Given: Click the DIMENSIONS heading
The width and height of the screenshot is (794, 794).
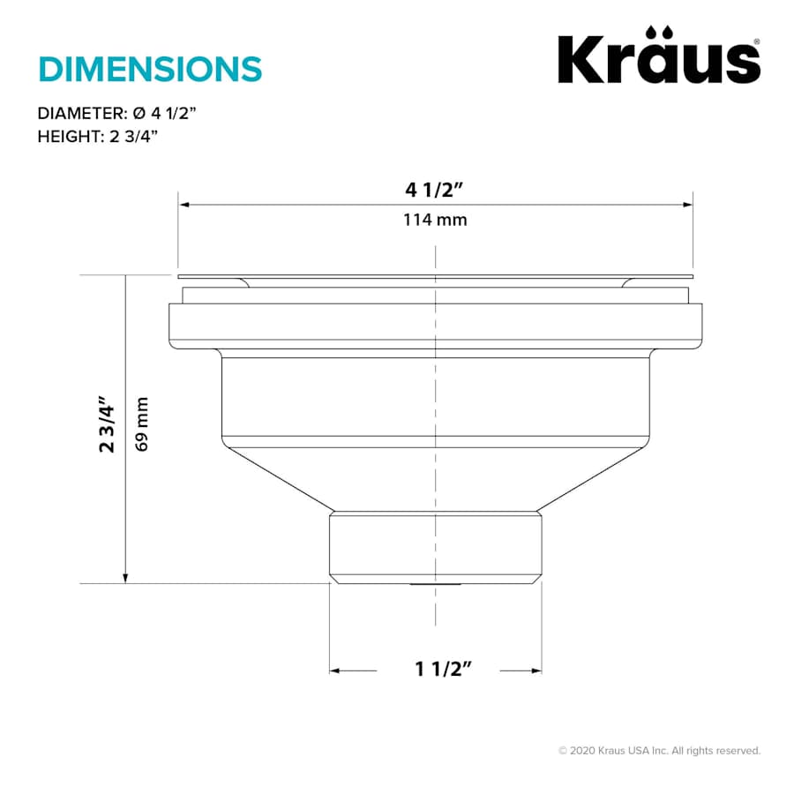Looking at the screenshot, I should pos(150,68).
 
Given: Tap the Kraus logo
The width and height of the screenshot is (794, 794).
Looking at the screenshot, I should pos(658,60).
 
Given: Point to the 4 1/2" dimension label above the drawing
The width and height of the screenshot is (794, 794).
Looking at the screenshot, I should pos(435,190).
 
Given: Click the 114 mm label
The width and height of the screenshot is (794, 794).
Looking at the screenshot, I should pos(435,220).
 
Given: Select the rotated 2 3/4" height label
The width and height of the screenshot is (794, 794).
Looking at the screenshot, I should pos(108,425).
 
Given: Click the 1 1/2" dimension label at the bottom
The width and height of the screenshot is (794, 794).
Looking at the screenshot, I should pos(438,670).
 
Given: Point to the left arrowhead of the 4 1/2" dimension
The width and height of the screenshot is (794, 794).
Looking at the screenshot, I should pos(184,205).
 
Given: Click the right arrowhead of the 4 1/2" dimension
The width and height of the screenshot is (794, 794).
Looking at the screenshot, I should pos(687,205).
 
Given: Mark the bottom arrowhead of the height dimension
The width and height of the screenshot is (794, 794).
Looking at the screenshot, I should pos(126,577).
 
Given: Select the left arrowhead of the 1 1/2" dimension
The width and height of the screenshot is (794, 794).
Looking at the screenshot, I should pos(335,671).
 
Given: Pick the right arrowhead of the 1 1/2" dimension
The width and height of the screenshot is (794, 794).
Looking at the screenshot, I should pos(536,671).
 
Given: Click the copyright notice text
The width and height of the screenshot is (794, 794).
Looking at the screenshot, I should pos(659,751).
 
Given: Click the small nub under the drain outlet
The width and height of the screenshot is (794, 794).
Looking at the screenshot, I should pos(435,585).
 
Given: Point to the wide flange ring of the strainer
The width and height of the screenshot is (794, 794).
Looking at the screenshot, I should pos(435,321).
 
